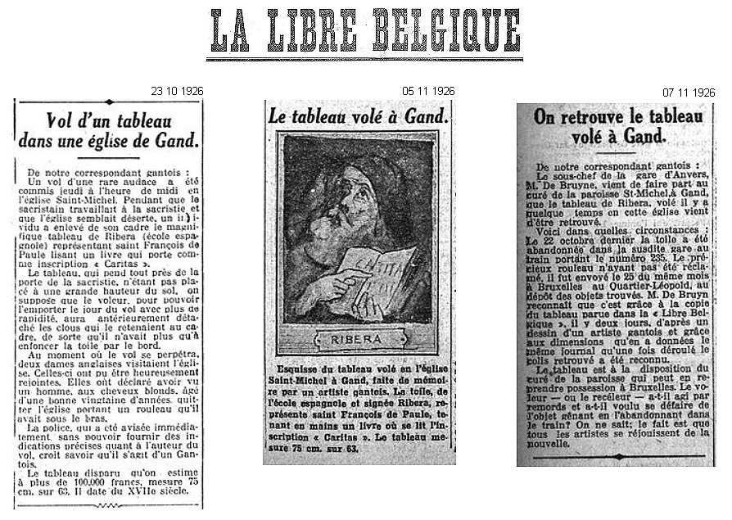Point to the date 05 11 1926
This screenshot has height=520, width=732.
coord(429,89)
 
